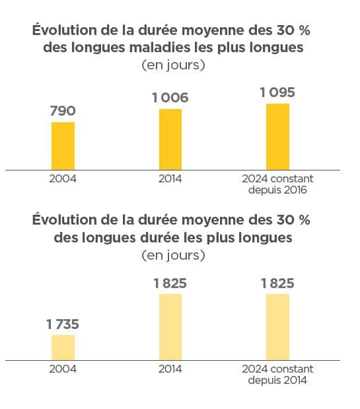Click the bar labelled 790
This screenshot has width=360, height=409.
[63, 145]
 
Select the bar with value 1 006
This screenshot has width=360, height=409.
[170, 139]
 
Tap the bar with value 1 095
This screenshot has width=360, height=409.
[277, 136]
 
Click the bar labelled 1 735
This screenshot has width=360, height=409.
[63, 347]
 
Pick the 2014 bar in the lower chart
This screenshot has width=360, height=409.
[170, 326]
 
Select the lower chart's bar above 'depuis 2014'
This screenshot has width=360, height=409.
[277, 326]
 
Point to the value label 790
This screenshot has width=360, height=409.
[63, 111]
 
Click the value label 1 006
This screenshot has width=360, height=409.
[170, 98]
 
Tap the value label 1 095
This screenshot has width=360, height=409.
[277, 93]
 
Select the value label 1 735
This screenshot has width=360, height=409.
[63, 324]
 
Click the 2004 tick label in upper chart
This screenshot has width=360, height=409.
[63, 179]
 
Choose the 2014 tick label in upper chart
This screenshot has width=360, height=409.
[170, 179]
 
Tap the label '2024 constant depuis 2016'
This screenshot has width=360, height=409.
[277, 185]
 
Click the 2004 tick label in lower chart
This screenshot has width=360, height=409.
[63, 369]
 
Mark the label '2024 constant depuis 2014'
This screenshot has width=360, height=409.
[277, 375]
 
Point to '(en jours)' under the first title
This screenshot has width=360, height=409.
[170, 65]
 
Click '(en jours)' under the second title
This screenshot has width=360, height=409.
[170, 254]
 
